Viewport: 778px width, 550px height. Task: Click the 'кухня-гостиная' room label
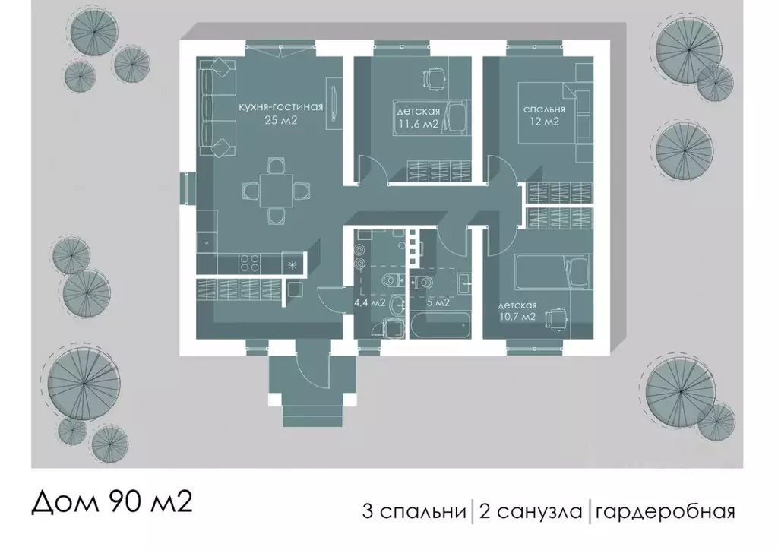[x=281, y=107]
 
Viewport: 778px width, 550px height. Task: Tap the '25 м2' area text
[x=281, y=120]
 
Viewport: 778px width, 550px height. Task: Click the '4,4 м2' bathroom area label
[x=369, y=302]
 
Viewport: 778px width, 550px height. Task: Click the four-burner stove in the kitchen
[x=251, y=263]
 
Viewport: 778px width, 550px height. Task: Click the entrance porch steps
[x=312, y=415]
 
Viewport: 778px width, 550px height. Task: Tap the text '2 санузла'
[x=530, y=510]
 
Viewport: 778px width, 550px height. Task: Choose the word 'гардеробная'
[x=666, y=510]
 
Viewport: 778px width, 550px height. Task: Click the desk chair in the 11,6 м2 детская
[x=432, y=78]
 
